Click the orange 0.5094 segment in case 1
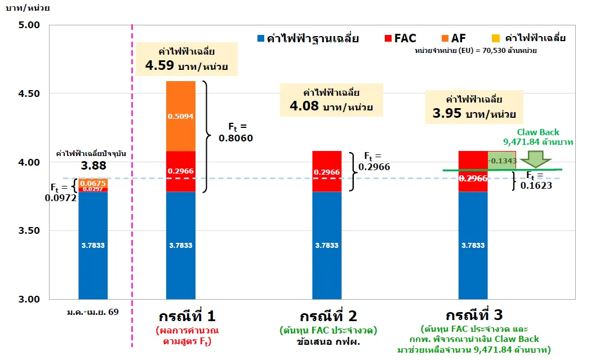[x=181, y=116]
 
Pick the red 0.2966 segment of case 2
[x=327, y=171]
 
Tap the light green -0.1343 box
[x=501, y=161]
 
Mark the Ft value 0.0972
[x=60, y=199]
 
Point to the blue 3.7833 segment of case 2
[x=327, y=245]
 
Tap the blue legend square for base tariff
[x=261, y=39]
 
